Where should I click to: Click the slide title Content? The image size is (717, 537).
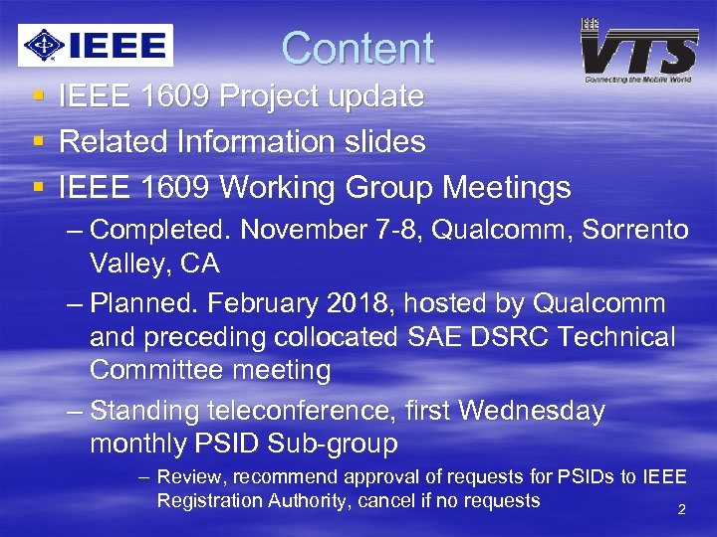click(358, 48)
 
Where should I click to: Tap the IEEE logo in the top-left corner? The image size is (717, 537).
click(96, 45)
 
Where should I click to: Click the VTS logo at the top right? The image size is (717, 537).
click(639, 50)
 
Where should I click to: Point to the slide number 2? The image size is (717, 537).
click(682, 510)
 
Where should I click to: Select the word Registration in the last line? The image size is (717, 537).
click(209, 500)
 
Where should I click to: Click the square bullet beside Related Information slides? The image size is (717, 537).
click(38, 142)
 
